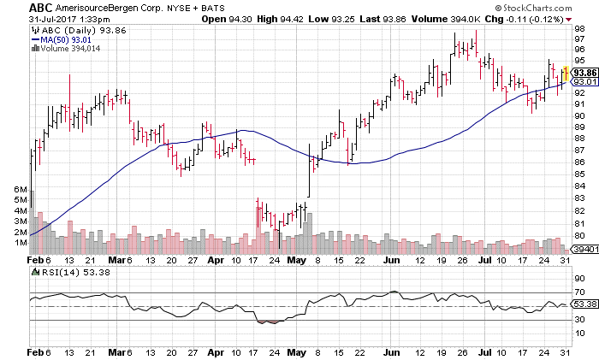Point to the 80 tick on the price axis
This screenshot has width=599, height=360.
click(578, 235)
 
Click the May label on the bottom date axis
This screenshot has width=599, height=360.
click(296, 352)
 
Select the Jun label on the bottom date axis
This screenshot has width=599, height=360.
click(392, 352)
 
